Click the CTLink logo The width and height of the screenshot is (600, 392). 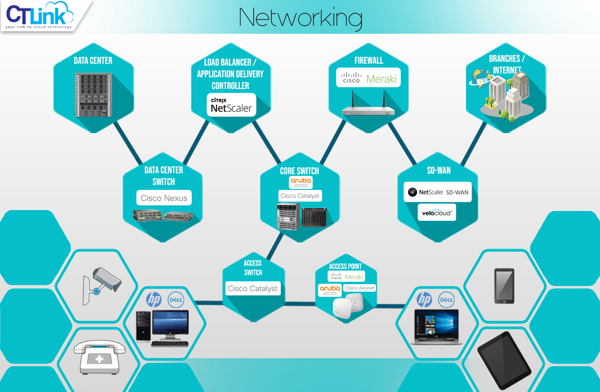tap(40, 15)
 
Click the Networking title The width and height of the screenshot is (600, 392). tap(300, 17)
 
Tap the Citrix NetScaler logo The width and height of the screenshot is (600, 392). tap(232, 105)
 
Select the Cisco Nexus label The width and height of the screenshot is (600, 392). tap(164, 198)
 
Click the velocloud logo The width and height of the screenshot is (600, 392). tap(437, 212)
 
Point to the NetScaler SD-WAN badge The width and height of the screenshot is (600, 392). tap(438, 192)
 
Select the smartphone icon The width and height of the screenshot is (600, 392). tap(504, 286)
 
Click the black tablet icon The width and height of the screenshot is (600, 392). tap(504, 358)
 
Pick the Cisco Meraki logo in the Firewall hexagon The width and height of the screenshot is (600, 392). tap(368, 79)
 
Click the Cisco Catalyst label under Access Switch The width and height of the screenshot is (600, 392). tap(253, 288)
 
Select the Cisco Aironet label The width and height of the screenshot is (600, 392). tap(360, 288)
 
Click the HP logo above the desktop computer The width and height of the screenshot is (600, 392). tap(154, 299)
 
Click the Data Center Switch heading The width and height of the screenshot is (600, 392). tap(164, 176)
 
